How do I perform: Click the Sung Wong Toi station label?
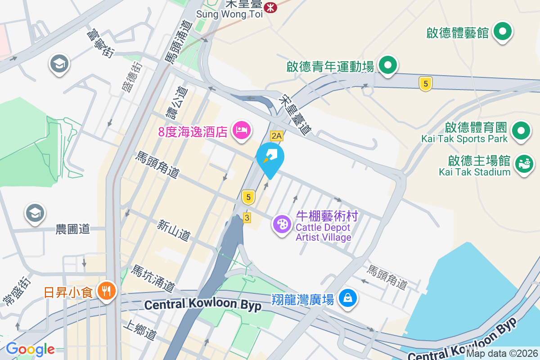[228, 14]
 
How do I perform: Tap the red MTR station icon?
[270, 7]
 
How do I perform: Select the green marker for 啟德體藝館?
[504, 32]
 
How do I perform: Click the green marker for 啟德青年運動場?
[387, 66]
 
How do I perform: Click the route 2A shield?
[276, 135]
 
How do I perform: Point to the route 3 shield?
[247, 217]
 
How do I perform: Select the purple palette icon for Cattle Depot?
[283, 224]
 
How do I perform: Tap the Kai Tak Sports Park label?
[464, 139]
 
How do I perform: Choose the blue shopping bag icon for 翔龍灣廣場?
[347, 298]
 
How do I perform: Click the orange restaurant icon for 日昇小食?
[106, 292]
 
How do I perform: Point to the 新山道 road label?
[174, 229]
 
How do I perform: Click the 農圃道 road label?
[73, 229]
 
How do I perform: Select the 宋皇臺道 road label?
[295, 115]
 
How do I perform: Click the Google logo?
[30, 349]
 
